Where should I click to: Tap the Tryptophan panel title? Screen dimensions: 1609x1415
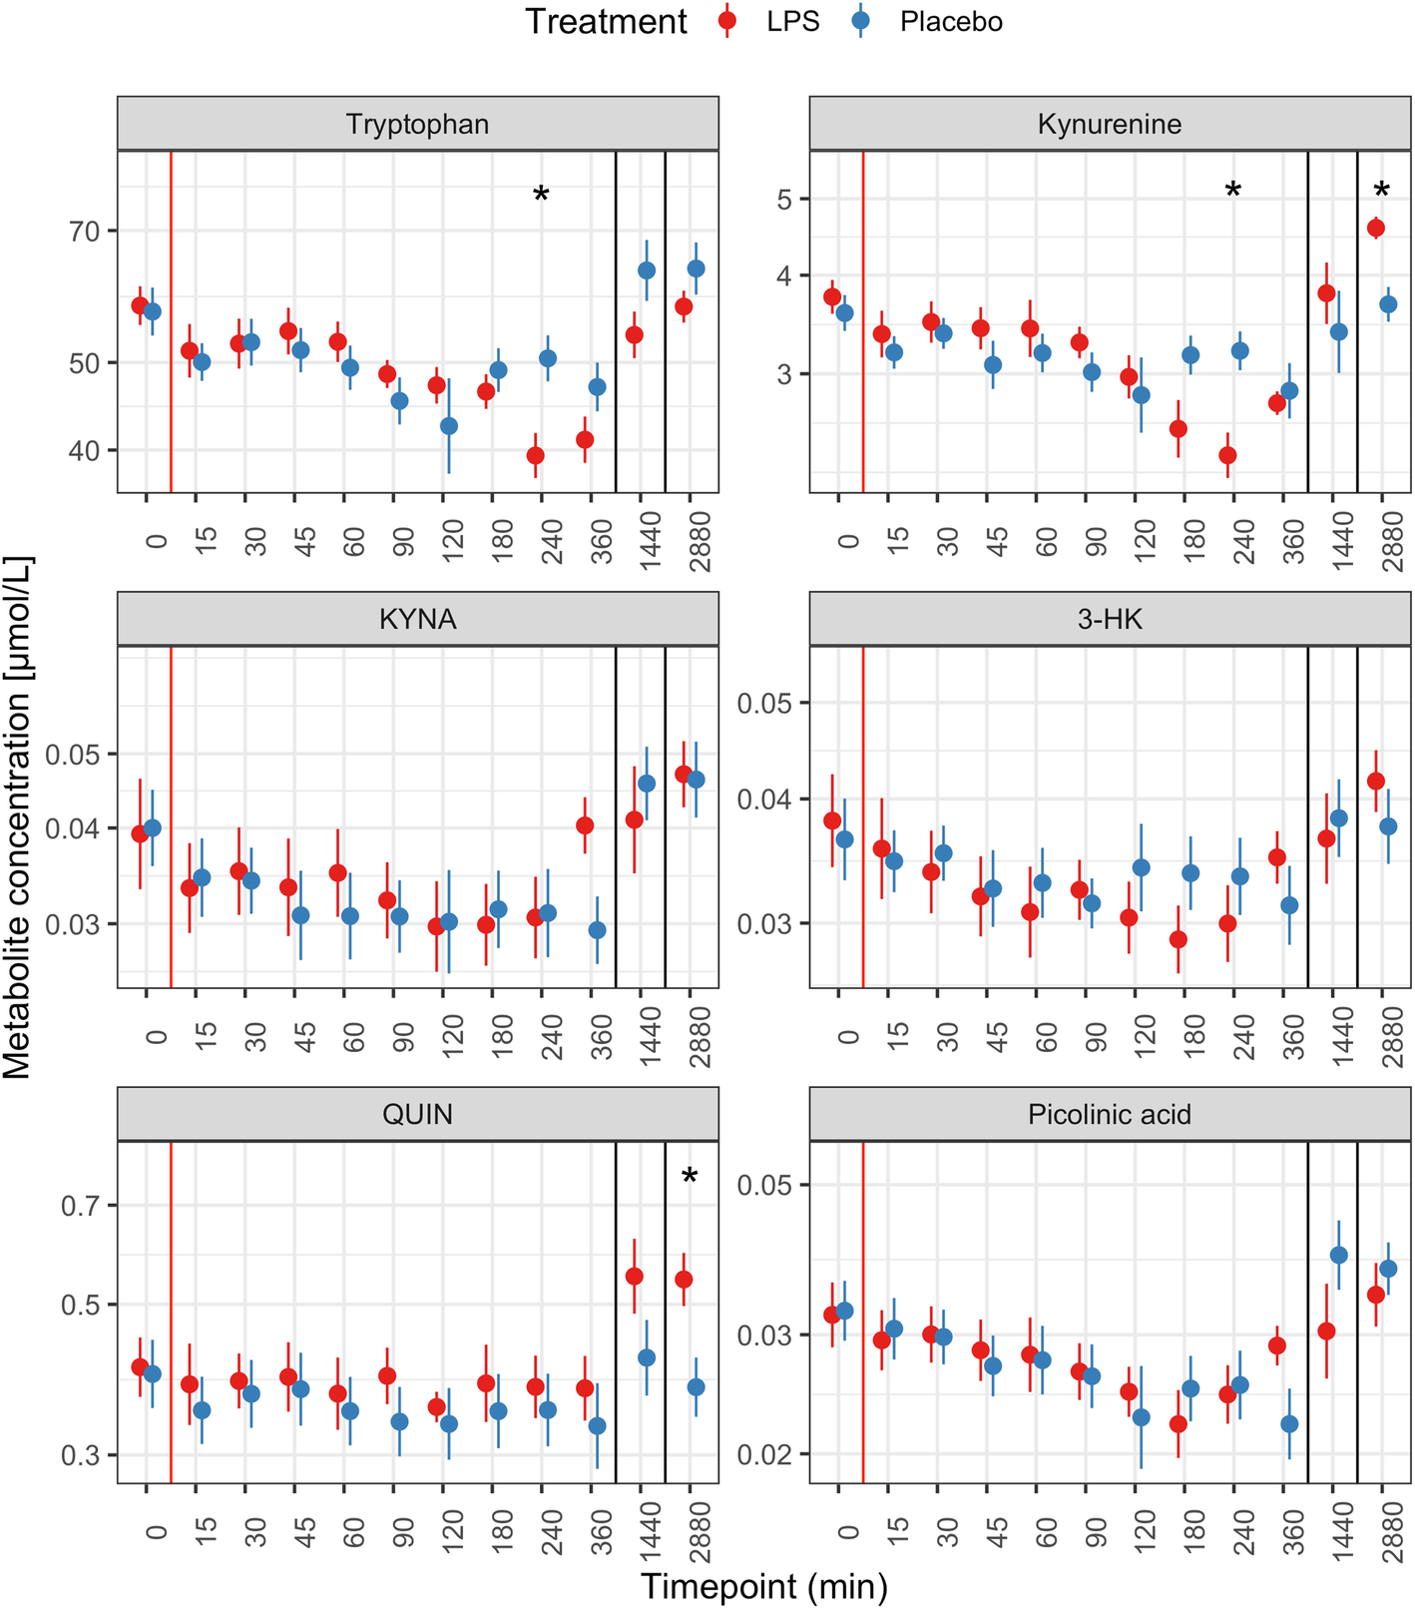pyautogui.click(x=417, y=125)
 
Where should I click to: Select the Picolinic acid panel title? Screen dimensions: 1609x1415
pyautogui.click(x=1109, y=1115)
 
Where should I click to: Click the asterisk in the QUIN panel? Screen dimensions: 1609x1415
pyautogui.click(x=690, y=1177)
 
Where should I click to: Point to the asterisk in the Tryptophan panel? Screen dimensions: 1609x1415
pyautogui.click(x=541, y=195)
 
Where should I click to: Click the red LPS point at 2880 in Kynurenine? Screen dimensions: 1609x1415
pyautogui.click(x=1376, y=229)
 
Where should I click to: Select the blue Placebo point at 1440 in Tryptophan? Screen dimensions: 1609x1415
pyautogui.click(x=647, y=270)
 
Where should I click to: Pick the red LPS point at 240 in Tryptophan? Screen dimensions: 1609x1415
pyautogui.click(x=536, y=456)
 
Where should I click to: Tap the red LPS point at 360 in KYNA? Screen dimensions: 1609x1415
pyautogui.click(x=585, y=825)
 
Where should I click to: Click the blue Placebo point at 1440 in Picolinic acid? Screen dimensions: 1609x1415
pyautogui.click(x=1339, y=1255)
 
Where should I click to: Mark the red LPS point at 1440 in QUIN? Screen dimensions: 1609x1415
pyautogui.click(x=634, y=1277)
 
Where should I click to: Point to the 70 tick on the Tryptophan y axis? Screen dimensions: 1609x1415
pyautogui.click(x=85, y=232)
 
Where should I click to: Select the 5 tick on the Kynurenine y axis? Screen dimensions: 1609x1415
pyautogui.click(x=784, y=200)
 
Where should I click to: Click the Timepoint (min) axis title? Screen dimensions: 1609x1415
pyautogui.click(x=763, y=1586)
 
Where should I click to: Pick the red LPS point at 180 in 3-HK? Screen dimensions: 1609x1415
pyautogui.click(x=1179, y=939)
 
